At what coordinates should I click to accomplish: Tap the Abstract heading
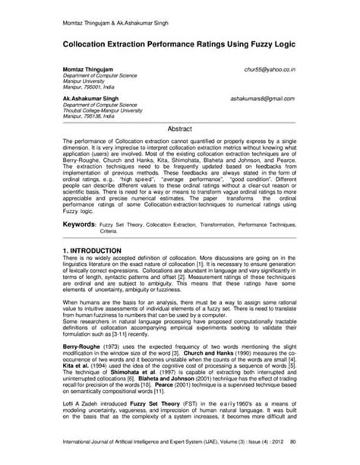(179, 130)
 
